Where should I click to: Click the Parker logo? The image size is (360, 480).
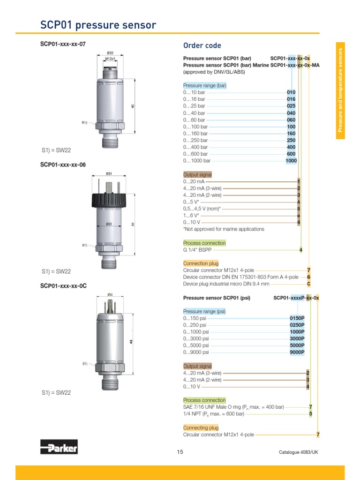59,447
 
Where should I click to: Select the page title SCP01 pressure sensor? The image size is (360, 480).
98,25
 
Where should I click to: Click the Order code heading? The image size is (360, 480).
202,45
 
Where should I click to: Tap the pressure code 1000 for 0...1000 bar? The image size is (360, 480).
291,161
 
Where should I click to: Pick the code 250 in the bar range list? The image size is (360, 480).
291,140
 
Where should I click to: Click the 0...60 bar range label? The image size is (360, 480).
194,120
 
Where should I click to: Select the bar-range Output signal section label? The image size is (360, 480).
197,174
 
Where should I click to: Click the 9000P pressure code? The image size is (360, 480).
297,352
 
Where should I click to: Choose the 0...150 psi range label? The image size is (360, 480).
196,318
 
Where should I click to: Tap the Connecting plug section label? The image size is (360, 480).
201,427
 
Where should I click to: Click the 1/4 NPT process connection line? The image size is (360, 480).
214,414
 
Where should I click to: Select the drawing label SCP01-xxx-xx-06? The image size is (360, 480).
63,165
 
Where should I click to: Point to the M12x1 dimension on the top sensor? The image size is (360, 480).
110,59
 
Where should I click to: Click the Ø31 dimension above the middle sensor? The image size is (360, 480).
109,173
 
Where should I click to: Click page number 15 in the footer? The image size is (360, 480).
180,452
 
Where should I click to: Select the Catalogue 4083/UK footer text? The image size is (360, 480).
299,452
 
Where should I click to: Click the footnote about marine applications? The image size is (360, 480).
223,229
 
